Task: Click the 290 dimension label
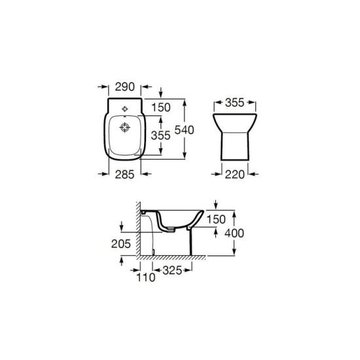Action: coord(124,87)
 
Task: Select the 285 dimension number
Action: coord(124,175)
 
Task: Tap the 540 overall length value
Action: coord(185,130)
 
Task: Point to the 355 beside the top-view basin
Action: coord(161,135)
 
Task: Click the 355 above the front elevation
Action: coord(234,103)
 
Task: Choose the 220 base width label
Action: coord(234,175)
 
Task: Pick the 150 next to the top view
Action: coord(161,107)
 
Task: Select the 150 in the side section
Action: coord(216,219)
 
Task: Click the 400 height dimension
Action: coord(234,234)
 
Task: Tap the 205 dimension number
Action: coord(121,244)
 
